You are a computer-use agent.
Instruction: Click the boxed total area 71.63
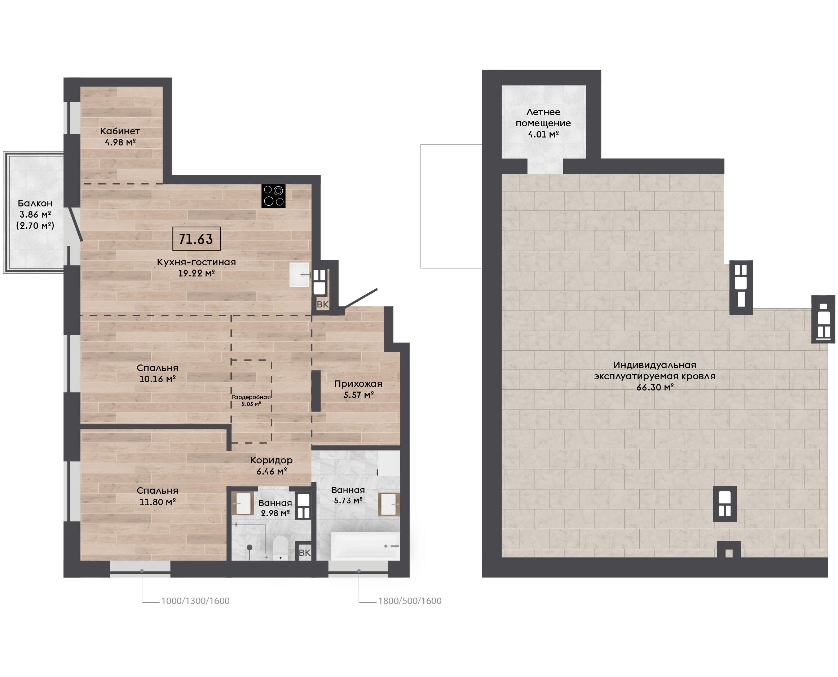pyautogui.click(x=196, y=239)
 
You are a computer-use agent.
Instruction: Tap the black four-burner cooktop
pyautogui.click(x=273, y=196)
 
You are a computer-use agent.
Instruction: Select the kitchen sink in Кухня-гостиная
pyautogui.click(x=300, y=275)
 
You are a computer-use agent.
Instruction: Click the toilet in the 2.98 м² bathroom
pyautogui.click(x=280, y=548)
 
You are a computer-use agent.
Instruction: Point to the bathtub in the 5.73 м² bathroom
pyautogui.click(x=365, y=546)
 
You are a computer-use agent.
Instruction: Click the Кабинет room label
pyautogui.click(x=120, y=131)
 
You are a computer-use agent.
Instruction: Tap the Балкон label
pyautogui.click(x=35, y=203)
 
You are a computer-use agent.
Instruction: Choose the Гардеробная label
pyautogui.click(x=251, y=397)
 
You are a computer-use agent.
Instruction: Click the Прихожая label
pyautogui.click(x=358, y=384)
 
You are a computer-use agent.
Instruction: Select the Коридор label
pyautogui.click(x=271, y=460)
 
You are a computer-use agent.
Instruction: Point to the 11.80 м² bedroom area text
pyautogui.click(x=157, y=502)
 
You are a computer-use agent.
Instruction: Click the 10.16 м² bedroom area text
pyautogui.click(x=157, y=379)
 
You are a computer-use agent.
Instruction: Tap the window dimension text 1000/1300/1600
pyautogui.click(x=195, y=601)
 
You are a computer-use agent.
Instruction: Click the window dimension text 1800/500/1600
pyautogui.click(x=410, y=601)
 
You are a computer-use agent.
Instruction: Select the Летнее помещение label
pyautogui.click(x=543, y=118)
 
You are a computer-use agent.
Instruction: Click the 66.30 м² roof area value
pyautogui.click(x=655, y=387)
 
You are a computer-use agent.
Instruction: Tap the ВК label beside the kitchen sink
pyautogui.click(x=323, y=305)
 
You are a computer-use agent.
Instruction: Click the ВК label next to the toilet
pyautogui.click(x=305, y=552)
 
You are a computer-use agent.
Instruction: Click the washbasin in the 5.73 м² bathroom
pyautogui.click(x=389, y=504)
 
